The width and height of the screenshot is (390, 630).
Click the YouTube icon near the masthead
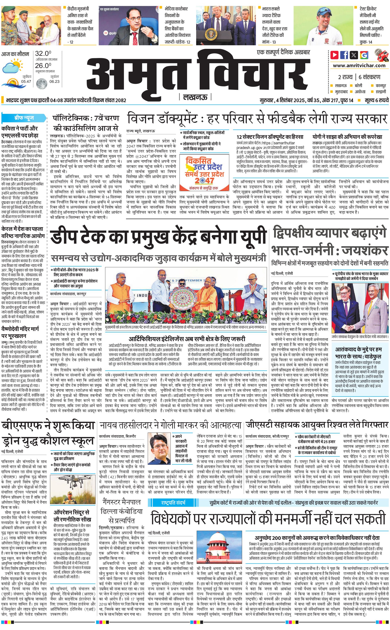(335, 55)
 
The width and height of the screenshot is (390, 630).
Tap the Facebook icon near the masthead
(344, 55)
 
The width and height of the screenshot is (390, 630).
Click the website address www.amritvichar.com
(359, 66)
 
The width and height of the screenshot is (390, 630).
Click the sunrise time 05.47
(26, 81)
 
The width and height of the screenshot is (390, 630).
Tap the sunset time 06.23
(54, 81)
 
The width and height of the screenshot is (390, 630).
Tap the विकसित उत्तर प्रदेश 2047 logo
(204, 173)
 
